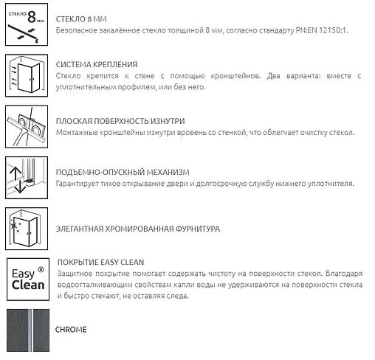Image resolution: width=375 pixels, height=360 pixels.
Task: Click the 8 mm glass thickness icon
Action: [27, 26]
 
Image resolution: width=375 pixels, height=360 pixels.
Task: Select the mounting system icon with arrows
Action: [27, 74]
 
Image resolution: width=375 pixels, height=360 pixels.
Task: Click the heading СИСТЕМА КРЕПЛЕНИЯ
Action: [97, 65]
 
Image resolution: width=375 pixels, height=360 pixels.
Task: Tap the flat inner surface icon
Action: [27, 125]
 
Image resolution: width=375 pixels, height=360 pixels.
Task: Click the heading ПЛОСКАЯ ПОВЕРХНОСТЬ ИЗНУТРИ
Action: [120, 120]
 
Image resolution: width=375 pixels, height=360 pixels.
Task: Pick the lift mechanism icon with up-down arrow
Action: [27, 177]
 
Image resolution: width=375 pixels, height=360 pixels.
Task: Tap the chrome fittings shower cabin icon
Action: [27, 229]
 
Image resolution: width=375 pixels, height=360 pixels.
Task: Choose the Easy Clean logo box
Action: [27, 280]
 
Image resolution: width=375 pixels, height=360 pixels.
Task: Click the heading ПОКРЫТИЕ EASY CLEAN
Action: [100, 262]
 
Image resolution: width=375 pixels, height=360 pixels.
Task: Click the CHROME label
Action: [71, 330]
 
